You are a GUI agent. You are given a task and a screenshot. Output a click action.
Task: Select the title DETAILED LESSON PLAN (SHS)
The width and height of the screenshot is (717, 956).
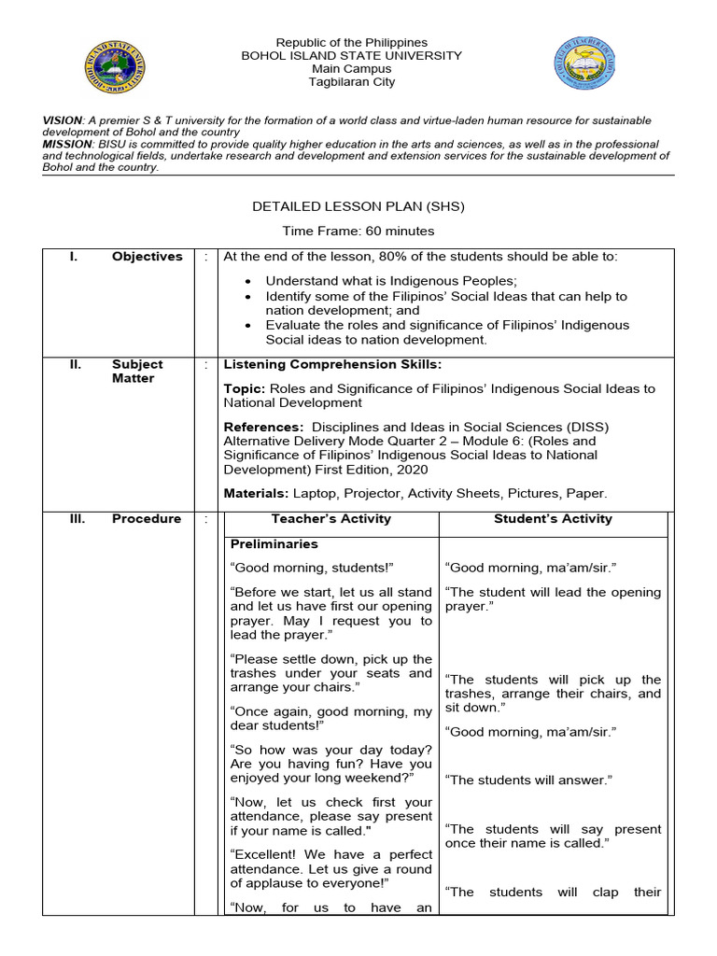coord(358,205)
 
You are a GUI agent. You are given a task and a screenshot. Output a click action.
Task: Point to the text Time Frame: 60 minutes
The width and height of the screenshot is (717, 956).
coord(358,231)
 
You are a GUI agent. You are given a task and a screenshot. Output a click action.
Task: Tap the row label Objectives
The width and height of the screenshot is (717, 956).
coord(148,257)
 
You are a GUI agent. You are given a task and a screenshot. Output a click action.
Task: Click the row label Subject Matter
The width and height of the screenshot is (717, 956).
coord(137,372)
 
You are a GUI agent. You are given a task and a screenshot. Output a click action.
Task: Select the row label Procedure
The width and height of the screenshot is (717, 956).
coord(147,519)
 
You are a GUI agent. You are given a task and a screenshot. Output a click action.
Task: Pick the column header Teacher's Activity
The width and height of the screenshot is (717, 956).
coord(330,519)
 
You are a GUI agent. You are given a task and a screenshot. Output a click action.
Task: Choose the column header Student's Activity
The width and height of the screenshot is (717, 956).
coord(553,519)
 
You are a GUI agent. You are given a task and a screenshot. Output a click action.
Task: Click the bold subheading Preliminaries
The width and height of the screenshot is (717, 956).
coord(274,544)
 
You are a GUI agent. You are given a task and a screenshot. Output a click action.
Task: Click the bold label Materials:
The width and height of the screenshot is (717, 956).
coord(257,493)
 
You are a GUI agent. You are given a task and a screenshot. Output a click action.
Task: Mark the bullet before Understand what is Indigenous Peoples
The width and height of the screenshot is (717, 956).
coord(247,281)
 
